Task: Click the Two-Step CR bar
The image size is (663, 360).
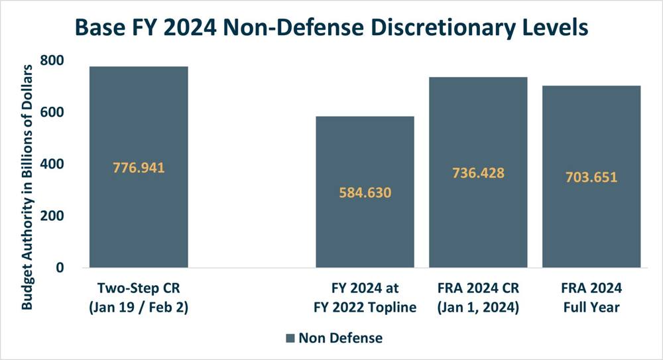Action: click(x=139, y=166)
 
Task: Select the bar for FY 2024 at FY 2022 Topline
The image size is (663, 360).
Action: click(x=365, y=192)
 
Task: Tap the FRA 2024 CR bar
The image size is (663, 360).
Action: click(x=478, y=172)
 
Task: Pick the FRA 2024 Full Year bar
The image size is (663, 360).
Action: click(x=591, y=176)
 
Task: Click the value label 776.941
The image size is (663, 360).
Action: click(x=139, y=168)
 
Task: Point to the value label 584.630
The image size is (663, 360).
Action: click(x=365, y=193)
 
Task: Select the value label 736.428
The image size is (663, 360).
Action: click(x=478, y=173)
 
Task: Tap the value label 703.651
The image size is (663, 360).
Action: click(x=591, y=177)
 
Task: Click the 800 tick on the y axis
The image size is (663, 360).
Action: click(x=52, y=60)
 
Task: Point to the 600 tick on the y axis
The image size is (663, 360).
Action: click(x=52, y=112)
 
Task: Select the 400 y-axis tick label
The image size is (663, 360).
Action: click(x=52, y=164)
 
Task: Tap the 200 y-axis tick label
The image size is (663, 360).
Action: click(x=52, y=215)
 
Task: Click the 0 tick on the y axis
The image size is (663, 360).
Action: click(x=60, y=267)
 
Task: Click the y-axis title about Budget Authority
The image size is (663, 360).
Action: click(x=27, y=187)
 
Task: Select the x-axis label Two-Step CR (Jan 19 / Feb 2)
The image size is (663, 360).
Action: click(x=139, y=298)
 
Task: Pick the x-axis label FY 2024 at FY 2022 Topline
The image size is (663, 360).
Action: click(x=365, y=298)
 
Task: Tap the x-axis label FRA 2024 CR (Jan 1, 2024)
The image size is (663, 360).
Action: click(x=478, y=298)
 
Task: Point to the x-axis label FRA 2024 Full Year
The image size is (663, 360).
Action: click(x=591, y=298)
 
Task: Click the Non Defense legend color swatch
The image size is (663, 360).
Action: click(x=290, y=338)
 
